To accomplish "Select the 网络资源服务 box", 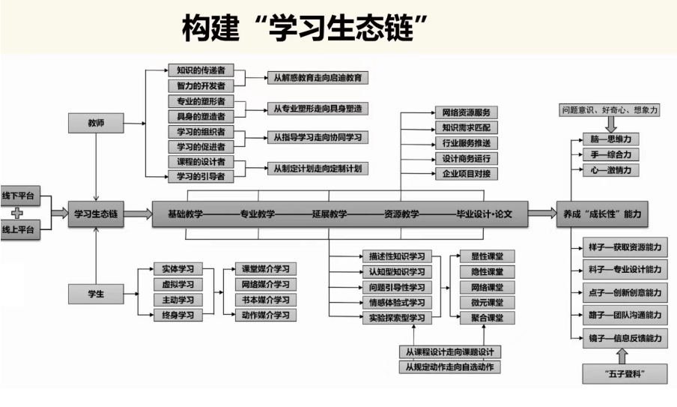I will (465, 112).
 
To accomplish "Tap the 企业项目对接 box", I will (465, 174).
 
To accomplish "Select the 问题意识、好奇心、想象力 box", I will (610, 109).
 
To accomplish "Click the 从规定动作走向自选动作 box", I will (449, 367).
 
